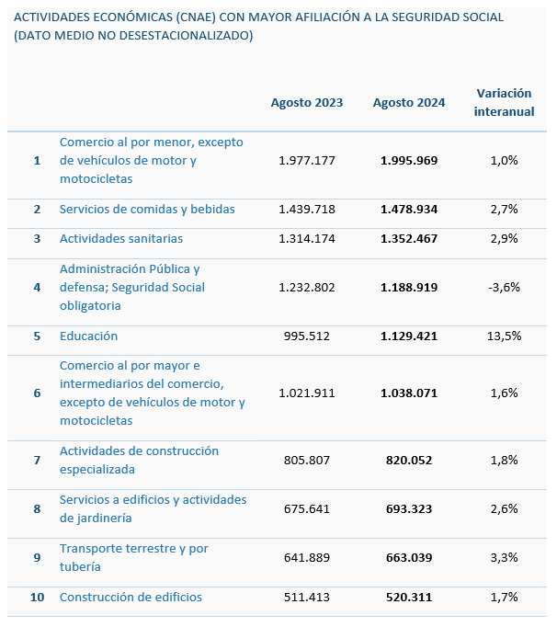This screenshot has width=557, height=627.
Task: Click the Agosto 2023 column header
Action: [307, 103]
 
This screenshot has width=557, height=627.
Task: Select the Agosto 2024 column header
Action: [409, 103]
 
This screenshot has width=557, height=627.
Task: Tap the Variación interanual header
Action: [505, 102]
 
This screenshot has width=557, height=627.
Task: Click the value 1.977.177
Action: [307, 160]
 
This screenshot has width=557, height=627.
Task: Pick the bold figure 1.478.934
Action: [409, 209]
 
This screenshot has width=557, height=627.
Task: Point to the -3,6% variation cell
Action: [505, 287]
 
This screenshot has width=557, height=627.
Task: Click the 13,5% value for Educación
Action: [505, 336]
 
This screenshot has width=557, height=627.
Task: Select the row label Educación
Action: [88, 336]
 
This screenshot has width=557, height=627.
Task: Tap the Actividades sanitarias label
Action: [121, 238]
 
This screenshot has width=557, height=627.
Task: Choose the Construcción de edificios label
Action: [131, 597]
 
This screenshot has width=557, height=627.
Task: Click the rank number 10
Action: [37, 597]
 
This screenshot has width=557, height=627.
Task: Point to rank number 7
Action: [37, 460]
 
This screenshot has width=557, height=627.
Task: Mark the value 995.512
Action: [307, 336]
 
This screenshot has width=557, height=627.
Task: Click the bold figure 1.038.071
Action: [409, 393]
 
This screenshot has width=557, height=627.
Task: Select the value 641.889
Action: [307, 557]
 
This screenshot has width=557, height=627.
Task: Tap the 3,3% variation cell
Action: [505, 557]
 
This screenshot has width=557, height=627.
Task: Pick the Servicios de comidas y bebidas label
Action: [147, 209]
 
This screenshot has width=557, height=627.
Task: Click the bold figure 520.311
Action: [409, 597]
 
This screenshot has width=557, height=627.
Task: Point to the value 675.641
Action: [307, 508]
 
